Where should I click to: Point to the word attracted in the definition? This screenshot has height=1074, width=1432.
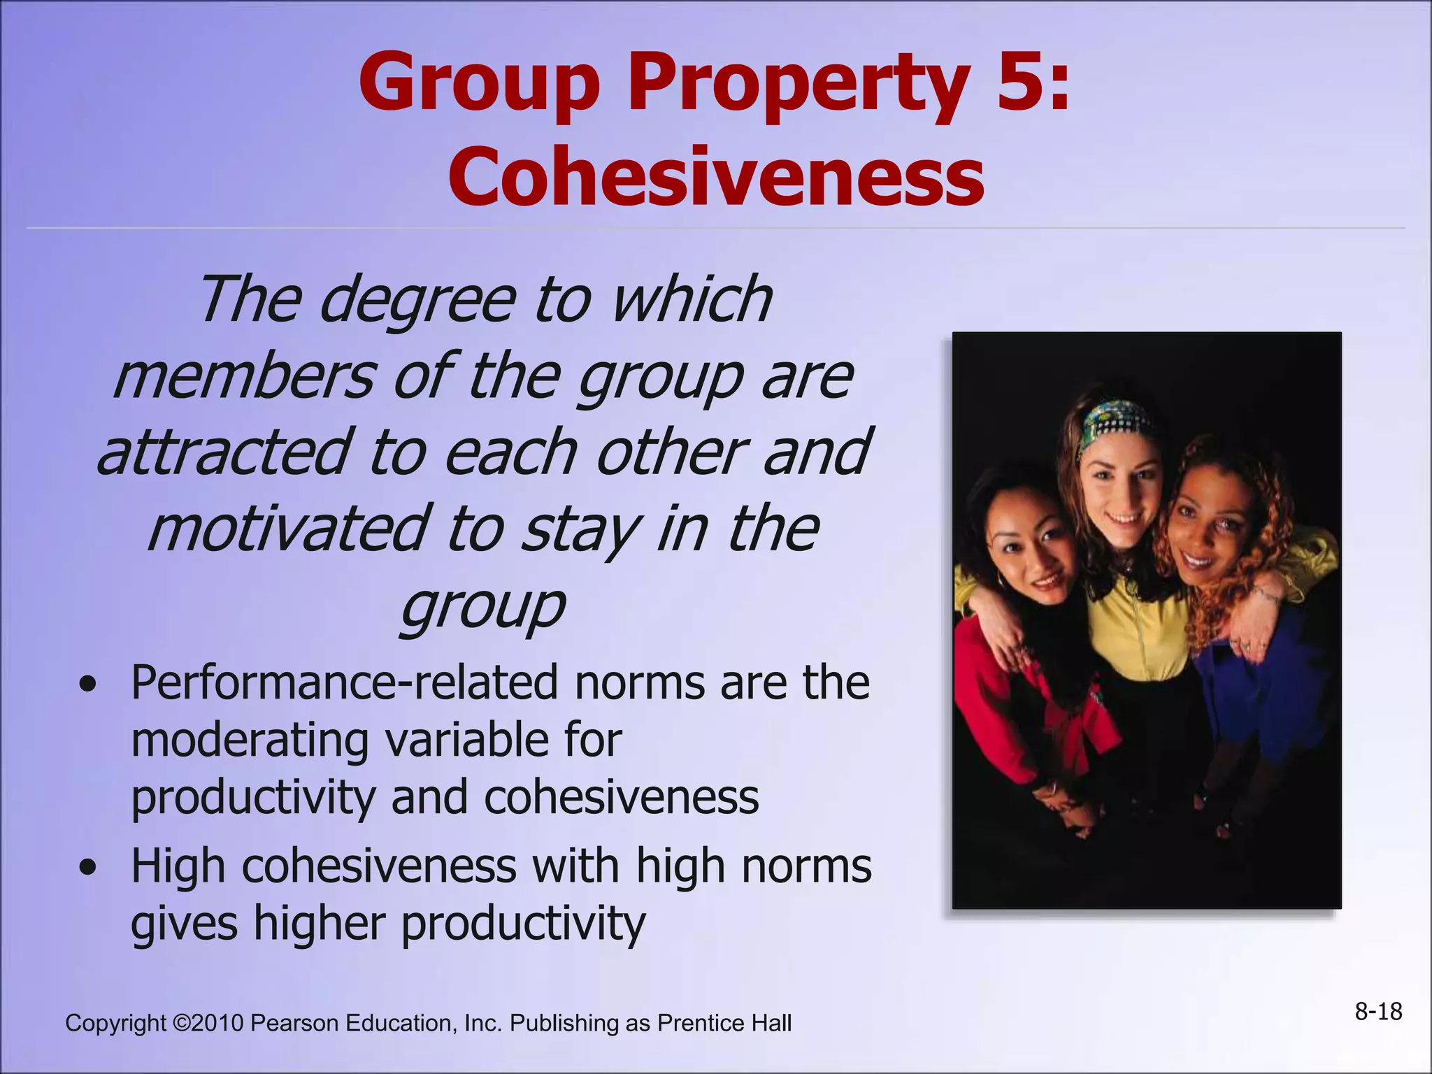tap(222, 452)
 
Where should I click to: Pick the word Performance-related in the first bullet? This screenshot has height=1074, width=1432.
tap(344, 683)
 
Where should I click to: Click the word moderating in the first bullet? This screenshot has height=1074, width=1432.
tap(249, 740)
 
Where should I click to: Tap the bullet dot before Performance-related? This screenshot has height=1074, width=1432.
tap(88, 685)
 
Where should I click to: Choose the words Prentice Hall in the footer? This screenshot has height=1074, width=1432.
tap(724, 1023)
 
